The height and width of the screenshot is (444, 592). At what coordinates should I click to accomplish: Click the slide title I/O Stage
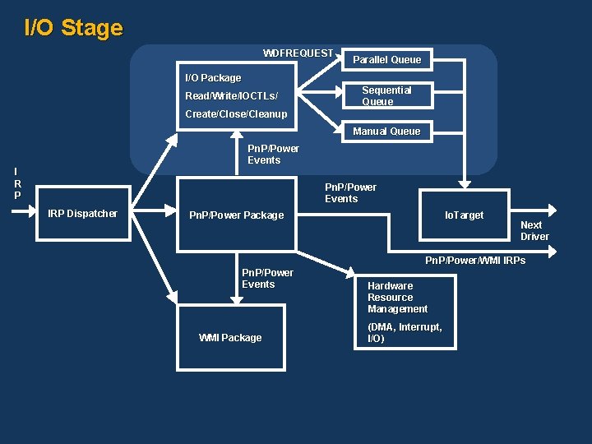pyautogui.click(x=73, y=28)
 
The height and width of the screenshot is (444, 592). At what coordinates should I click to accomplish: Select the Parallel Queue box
pyautogui.click(x=386, y=59)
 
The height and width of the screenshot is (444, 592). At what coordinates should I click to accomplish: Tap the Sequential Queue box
pyautogui.click(x=386, y=95)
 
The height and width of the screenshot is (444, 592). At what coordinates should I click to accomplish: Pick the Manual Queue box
pyautogui.click(x=386, y=131)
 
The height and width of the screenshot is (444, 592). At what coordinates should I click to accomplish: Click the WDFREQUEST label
pyautogui.click(x=298, y=53)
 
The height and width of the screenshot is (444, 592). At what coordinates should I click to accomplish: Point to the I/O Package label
pyautogui.click(x=213, y=78)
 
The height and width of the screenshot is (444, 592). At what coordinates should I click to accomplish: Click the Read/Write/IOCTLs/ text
pyautogui.click(x=226, y=96)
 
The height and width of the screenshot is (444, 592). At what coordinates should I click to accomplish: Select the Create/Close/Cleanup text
pyautogui.click(x=236, y=114)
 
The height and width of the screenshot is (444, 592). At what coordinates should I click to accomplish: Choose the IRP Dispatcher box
pyautogui.click(x=83, y=214)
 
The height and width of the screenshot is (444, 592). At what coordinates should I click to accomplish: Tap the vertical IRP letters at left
pyautogui.click(x=17, y=184)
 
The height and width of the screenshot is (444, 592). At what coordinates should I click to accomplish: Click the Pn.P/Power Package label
pyautogui.click(x=236, y=215)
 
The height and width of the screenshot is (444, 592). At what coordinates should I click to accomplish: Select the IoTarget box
pyautogui.click(x=465, y=215)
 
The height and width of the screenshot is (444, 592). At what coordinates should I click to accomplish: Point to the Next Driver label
pyautogui.click(x=534, y=230)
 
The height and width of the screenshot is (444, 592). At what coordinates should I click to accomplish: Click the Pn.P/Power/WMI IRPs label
pyautogui.click(x=474, y=261)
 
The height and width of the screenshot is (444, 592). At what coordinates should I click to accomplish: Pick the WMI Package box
pyautogui.click(x=230, y=337)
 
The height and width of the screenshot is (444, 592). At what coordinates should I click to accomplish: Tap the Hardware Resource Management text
pyautogui.click(x=397, y=298)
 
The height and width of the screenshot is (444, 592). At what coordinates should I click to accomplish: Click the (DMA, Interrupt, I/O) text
pyautogui.click(x=404, y=332)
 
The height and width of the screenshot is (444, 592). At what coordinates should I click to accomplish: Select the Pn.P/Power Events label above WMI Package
pyautogui.click(x=267, y=278)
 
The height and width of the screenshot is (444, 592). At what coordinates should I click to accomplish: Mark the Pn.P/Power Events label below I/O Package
pyautogui.click(x=273, y=154)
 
